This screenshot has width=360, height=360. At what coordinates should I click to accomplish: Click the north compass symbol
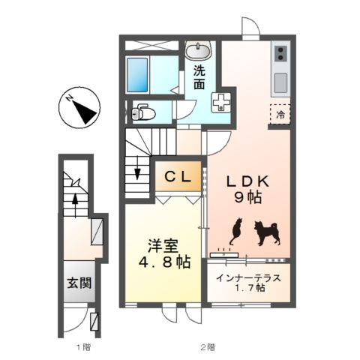click(78, 107)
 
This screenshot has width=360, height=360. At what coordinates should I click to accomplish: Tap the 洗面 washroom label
click(199, 77)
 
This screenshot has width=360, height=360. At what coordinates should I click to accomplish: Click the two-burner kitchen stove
click(280, 52)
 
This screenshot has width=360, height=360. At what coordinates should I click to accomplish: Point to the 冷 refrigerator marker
click(280, 115)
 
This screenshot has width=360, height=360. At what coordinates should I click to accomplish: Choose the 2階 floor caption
click(206, 346)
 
